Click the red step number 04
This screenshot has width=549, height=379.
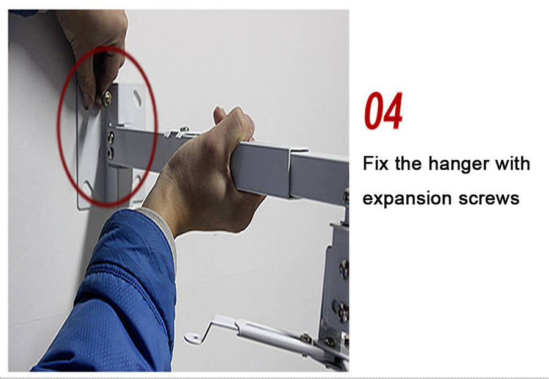(383, 110)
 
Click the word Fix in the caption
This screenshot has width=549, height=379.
(375, 163)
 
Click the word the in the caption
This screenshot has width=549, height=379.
(408, 163)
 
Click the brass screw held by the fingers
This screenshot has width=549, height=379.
(106, 99)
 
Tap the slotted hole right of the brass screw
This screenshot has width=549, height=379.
(137, 99)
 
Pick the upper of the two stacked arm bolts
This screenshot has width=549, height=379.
(110, 138)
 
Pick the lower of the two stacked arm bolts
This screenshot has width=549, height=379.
(110, 153)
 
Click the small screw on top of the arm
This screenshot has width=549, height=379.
(184, 129)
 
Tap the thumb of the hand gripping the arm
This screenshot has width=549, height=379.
(220, 115)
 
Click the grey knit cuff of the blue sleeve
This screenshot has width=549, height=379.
(160, 228)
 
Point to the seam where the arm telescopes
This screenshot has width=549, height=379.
(289, 172)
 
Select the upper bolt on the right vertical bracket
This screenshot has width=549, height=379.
(344, 269)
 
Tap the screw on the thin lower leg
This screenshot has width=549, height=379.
(306, 338)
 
